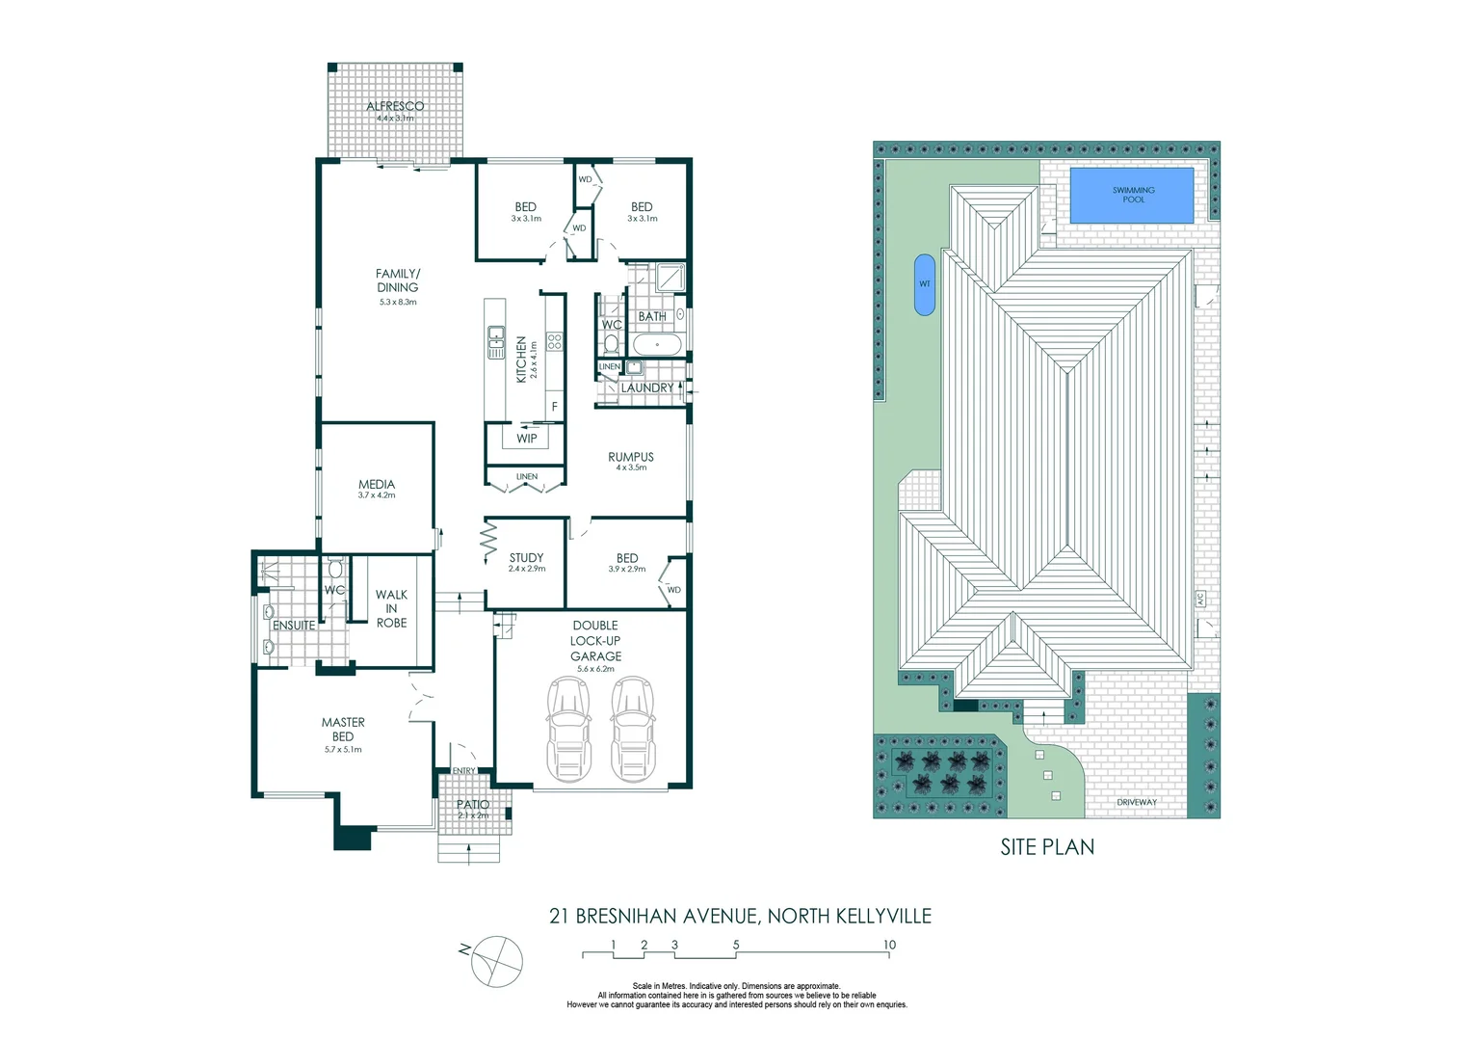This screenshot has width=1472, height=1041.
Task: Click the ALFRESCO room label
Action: [x=395, y=106]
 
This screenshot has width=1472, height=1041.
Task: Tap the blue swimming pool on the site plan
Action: [x=1133, y=196]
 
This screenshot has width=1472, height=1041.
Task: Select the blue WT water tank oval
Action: [x=924, y=284]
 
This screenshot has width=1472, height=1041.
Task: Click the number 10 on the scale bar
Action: [x=889, y=945]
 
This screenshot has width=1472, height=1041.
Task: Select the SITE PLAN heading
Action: [x=1047, y=847]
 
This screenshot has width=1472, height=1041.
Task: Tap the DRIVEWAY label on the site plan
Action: [x=1137, y=802]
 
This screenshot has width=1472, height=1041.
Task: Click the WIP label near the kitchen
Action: [x=527, y=439]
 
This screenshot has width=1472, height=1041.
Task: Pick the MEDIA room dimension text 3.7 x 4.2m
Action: [x=377, y=495]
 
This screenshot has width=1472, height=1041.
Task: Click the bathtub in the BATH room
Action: [x=658, y=345]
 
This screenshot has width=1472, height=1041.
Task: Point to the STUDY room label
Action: [x=526, y=557]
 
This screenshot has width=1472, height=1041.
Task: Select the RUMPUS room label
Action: [x=631, y=457]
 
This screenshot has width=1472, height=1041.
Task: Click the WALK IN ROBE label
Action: [x=391, y=608]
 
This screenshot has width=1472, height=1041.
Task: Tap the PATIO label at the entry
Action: [x=472, y=804]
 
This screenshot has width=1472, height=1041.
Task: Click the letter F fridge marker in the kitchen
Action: [x=555, y=407]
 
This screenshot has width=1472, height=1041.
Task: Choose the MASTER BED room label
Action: [x=343, y=729]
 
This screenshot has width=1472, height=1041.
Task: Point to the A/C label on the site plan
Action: [x=1200, y=599]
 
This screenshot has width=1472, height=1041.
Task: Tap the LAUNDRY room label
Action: [x=647, y=387]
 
